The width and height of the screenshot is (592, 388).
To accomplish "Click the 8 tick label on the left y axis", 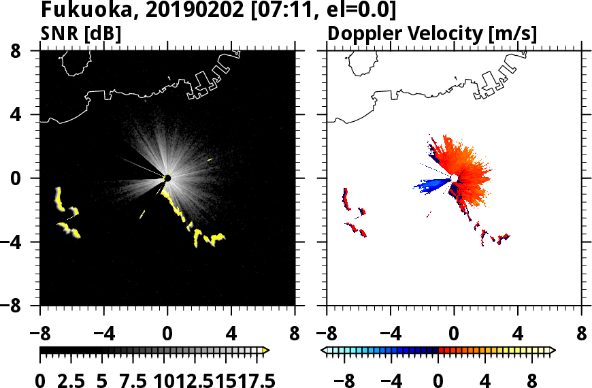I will tap(28, 51).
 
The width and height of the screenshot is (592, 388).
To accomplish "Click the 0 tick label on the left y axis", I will tap(28, 178).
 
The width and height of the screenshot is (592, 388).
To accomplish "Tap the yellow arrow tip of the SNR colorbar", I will tap(266, 350).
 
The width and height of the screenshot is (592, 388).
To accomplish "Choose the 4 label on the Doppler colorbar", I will tap(485, 380).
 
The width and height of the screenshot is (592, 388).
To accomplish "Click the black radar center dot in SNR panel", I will tap(167, 178).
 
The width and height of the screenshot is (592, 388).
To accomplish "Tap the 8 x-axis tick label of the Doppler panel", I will tap(581, 334).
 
